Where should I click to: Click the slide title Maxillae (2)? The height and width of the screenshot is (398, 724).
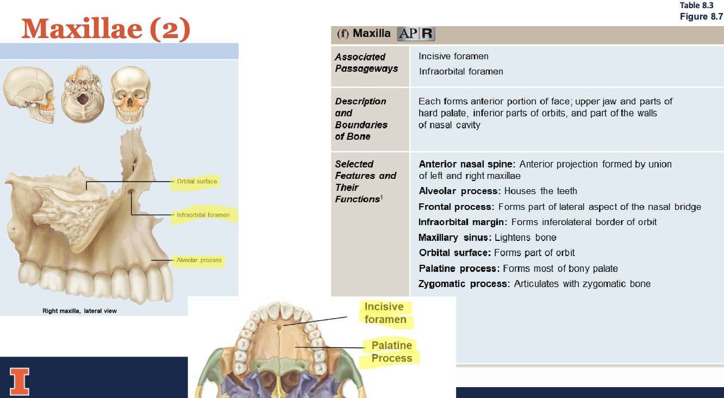click(x=106, y=28)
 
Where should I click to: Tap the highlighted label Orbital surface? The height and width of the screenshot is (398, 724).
click(x=196, y=182)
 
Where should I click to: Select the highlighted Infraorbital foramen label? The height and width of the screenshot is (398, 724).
click(x=203, y=215)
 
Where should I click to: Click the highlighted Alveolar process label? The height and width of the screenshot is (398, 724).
click(x=199, y=260)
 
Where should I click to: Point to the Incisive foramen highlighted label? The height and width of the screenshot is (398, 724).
click(x=385, y=313)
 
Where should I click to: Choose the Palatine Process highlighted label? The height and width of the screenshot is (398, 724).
click(x=391, y=352)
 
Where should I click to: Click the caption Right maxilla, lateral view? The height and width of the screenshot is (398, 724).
click(x=80, y=311)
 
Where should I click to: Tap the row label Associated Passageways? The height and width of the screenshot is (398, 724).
click(x=366, y=63)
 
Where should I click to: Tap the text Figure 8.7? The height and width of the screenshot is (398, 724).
click(x=701, y=16)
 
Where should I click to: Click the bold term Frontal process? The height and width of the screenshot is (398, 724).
click(x=455, y=207)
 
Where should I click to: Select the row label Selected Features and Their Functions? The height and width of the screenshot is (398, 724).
click(x=365, y=181)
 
